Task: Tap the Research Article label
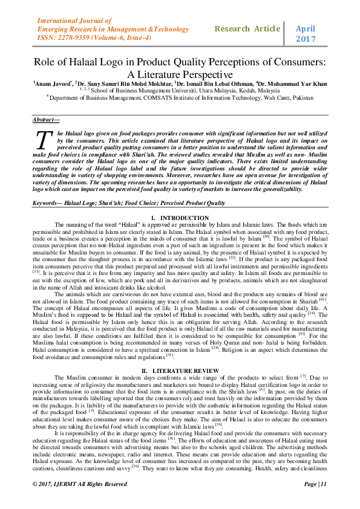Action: [247, 28]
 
